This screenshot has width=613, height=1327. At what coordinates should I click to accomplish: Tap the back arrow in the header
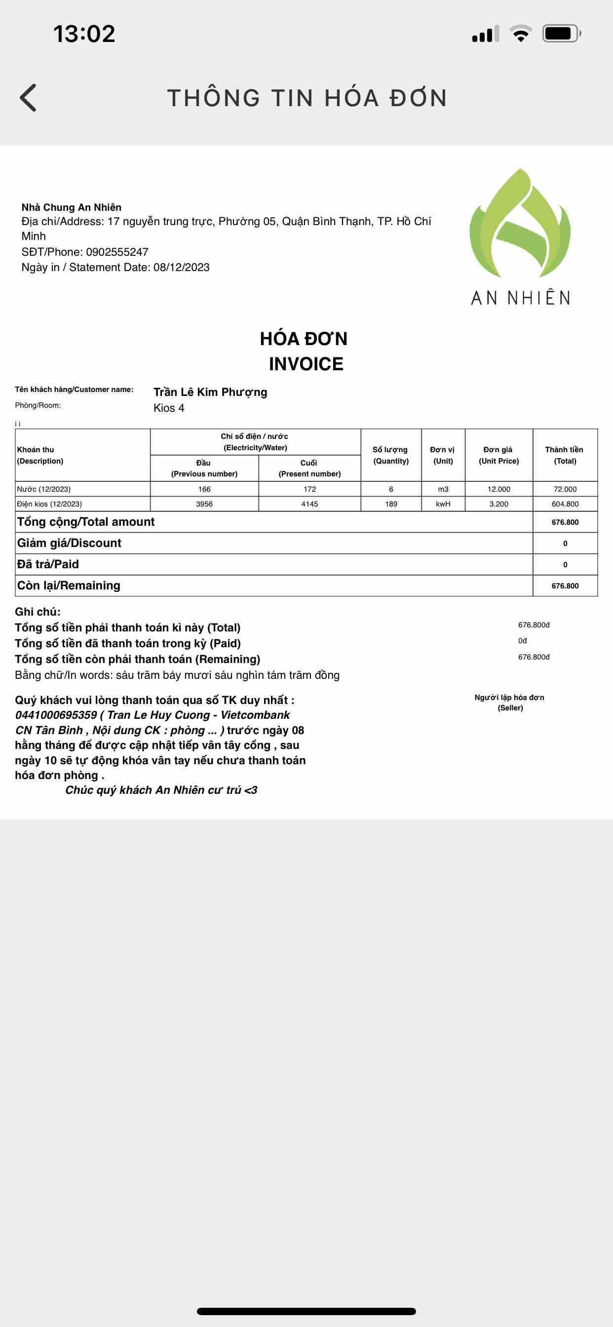(28, 97)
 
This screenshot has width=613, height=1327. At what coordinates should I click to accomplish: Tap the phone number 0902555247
(117, 252)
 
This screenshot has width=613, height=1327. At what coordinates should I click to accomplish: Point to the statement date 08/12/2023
(181, 268)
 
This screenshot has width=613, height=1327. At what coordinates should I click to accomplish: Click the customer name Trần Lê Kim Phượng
(210, 392)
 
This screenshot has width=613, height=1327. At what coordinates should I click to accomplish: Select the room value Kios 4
(169, 408)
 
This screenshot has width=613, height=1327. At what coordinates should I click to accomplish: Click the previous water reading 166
(204, 489)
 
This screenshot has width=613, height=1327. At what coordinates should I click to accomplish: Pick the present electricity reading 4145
(309, 504)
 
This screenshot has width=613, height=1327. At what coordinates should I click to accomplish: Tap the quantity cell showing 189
(391, 504)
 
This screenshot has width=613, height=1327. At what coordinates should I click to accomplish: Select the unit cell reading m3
(443, 489)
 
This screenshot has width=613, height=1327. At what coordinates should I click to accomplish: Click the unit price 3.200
(498, 504)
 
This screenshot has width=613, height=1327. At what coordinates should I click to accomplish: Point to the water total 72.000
(565, 489)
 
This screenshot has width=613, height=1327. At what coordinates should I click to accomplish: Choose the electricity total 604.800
(565, 504)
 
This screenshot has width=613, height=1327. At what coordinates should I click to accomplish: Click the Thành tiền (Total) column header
(565, 455)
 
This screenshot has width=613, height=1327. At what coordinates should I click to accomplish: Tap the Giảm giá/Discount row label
(70, 543)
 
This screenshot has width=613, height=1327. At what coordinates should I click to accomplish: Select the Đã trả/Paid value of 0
(565, 565)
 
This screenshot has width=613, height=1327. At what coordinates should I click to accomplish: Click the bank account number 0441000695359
(56, 715)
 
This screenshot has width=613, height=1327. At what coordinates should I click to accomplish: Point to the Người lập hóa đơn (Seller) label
(509, 702)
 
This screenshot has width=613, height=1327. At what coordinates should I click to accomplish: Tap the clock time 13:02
(84, 34)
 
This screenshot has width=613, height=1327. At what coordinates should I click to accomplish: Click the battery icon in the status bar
(561, 34)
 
